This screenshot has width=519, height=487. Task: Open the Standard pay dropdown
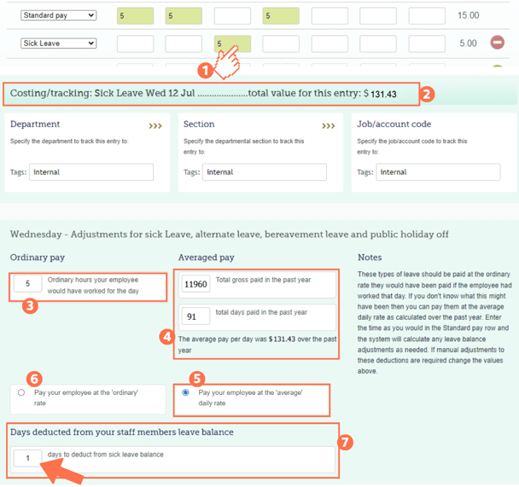pos(58,15)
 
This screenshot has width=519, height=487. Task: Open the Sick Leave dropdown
pos(58,43)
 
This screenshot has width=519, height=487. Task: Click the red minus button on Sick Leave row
pos(497,43)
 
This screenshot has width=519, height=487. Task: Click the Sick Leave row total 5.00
pos(468,43)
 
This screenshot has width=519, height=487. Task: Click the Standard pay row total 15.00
pos(468,15)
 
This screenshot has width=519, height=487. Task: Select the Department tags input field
pos(91,172)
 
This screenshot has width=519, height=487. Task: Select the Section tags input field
pos(265,172)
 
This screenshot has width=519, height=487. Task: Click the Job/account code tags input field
pos(438,172)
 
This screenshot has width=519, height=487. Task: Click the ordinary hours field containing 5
pos(28,284)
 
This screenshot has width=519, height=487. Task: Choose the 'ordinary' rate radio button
pos(21,392)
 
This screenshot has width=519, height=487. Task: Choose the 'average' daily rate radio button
pos(186,392)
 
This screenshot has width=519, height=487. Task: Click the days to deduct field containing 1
pos(28,459)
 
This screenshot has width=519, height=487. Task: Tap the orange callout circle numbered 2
pos(429,95)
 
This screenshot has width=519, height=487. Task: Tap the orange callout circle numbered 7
pos(346,443)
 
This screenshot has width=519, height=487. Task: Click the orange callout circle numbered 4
pos(167,335)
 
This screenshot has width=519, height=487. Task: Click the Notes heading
pos(370,257)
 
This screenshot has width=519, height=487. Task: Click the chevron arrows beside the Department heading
pos(155,125)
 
